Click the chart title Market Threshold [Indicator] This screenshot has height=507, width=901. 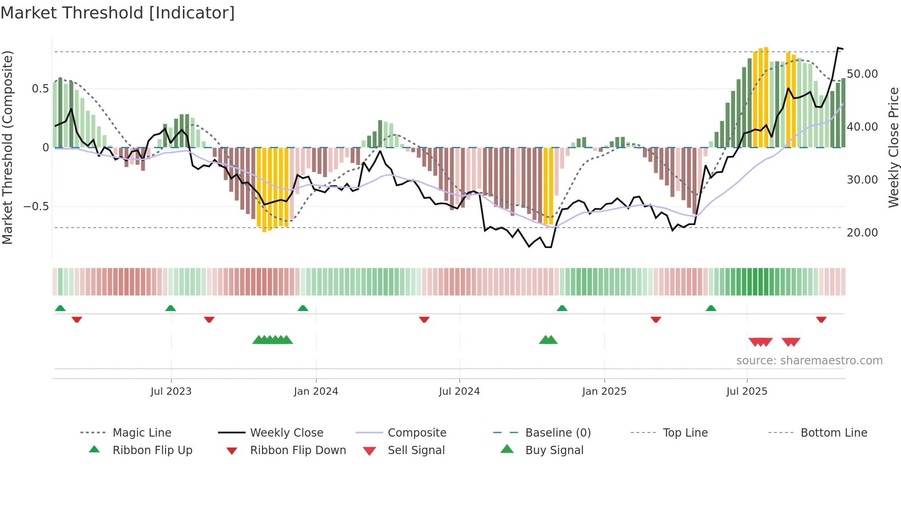coord(118,13)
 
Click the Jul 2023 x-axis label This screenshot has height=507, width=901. coord(171,392)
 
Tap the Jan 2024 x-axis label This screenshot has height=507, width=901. coord(316,392)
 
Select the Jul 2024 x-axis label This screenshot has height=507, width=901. coord(459,392)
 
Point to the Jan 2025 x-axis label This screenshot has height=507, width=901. coord(604,392)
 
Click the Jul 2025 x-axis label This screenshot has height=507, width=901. coord(747,392)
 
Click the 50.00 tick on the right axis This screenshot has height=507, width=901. coord(862,74)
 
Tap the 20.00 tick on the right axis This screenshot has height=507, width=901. coord(862,233)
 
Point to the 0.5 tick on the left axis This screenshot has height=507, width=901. coord(40,89)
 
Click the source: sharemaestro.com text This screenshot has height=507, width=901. coord(809,361)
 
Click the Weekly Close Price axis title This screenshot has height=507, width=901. coord(893,147)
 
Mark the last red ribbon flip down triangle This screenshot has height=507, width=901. coord(821,319)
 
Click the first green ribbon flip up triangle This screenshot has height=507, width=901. coord(60,308)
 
